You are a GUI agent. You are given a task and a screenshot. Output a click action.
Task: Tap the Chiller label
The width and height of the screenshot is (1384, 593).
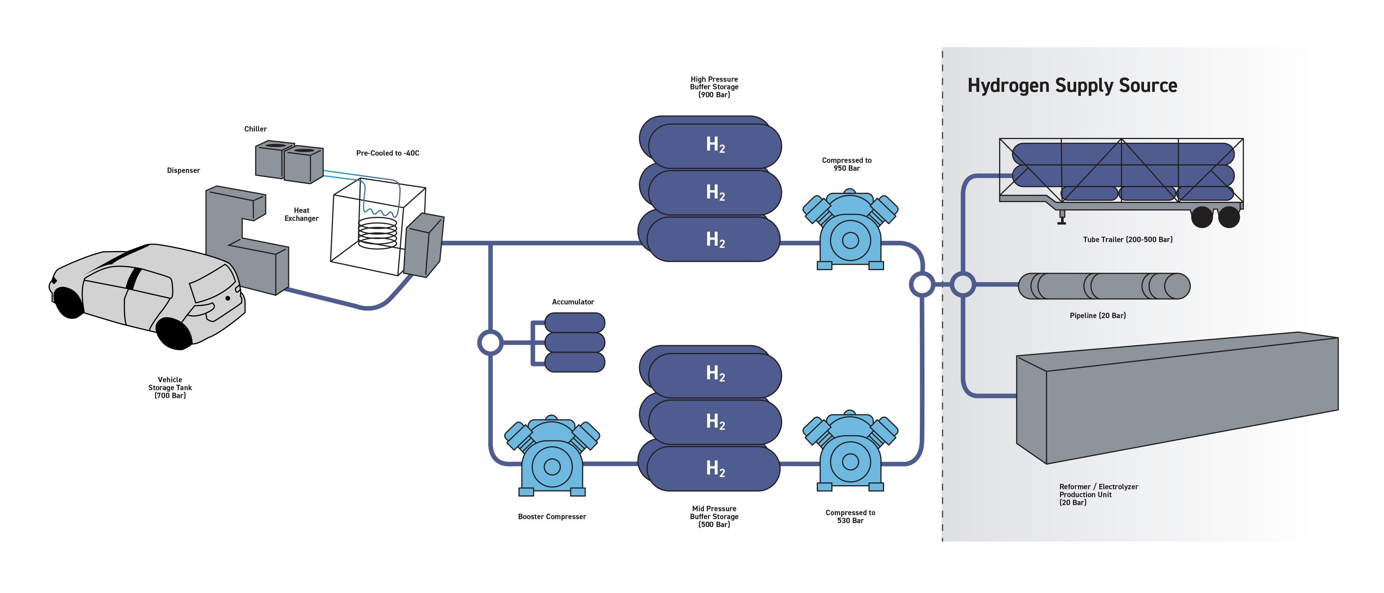255,129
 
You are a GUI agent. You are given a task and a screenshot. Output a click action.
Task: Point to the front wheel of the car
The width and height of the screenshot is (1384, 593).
173,333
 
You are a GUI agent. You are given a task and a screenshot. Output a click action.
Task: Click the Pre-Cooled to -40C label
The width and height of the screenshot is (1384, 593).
387,153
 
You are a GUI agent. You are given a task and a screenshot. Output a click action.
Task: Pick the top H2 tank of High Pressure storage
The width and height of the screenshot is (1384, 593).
715,145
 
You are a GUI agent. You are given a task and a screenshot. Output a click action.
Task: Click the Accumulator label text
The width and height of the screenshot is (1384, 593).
573,302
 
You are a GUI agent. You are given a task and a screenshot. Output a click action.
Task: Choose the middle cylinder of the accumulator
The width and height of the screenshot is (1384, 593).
575,342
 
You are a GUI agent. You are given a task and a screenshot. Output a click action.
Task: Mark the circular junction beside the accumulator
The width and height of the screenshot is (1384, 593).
490,343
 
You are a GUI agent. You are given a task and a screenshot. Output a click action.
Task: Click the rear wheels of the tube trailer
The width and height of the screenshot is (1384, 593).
1215,217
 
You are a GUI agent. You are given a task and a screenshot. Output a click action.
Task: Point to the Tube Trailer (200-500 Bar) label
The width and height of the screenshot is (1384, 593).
1127,240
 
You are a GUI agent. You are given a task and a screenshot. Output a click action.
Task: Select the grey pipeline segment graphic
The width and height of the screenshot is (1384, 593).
1104,286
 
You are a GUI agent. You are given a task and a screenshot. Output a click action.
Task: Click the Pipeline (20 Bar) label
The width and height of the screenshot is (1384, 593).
1097,315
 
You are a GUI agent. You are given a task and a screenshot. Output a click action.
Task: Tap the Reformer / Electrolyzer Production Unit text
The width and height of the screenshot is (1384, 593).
1098,494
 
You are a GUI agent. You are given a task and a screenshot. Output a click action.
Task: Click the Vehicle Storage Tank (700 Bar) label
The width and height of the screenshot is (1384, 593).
170,387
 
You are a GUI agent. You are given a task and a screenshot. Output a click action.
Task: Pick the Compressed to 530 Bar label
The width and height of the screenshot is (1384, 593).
850,516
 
